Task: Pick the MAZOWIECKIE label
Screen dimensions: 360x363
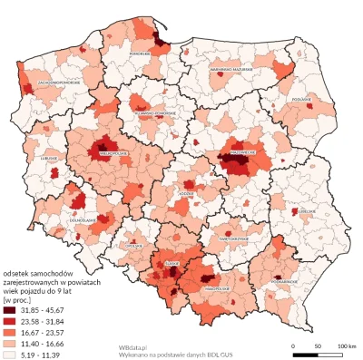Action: pos(240,141)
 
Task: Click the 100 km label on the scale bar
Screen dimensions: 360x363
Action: pos(345,347)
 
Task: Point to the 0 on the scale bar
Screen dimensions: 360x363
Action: pos(293,347)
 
